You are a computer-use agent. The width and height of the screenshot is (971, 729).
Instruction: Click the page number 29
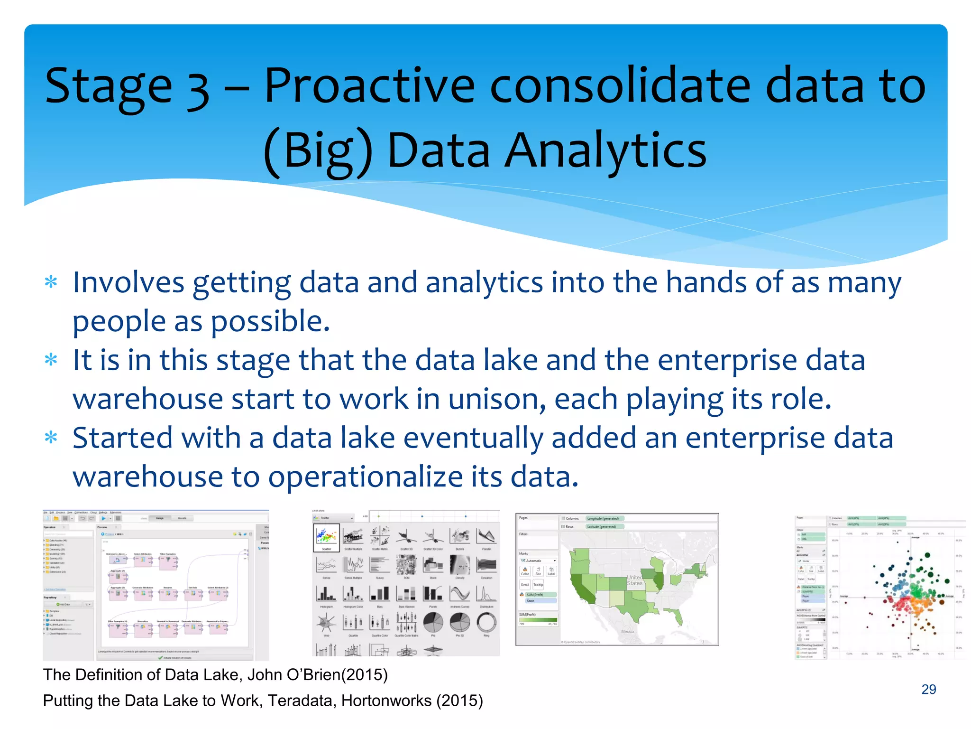coord(928,689)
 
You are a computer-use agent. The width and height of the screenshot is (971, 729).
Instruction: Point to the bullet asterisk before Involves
coord(51,282)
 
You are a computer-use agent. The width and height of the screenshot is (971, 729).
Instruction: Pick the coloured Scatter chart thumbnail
coord(327,537)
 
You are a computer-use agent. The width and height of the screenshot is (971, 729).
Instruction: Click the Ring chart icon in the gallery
coord(486,623)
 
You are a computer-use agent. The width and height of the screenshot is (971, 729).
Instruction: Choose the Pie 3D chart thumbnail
coord(459,623)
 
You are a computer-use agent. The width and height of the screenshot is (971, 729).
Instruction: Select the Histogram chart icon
coord(326,593)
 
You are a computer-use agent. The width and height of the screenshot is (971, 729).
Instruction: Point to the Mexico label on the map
coord(627,631)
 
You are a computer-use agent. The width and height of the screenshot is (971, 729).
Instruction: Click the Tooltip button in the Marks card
coord(538,585)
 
